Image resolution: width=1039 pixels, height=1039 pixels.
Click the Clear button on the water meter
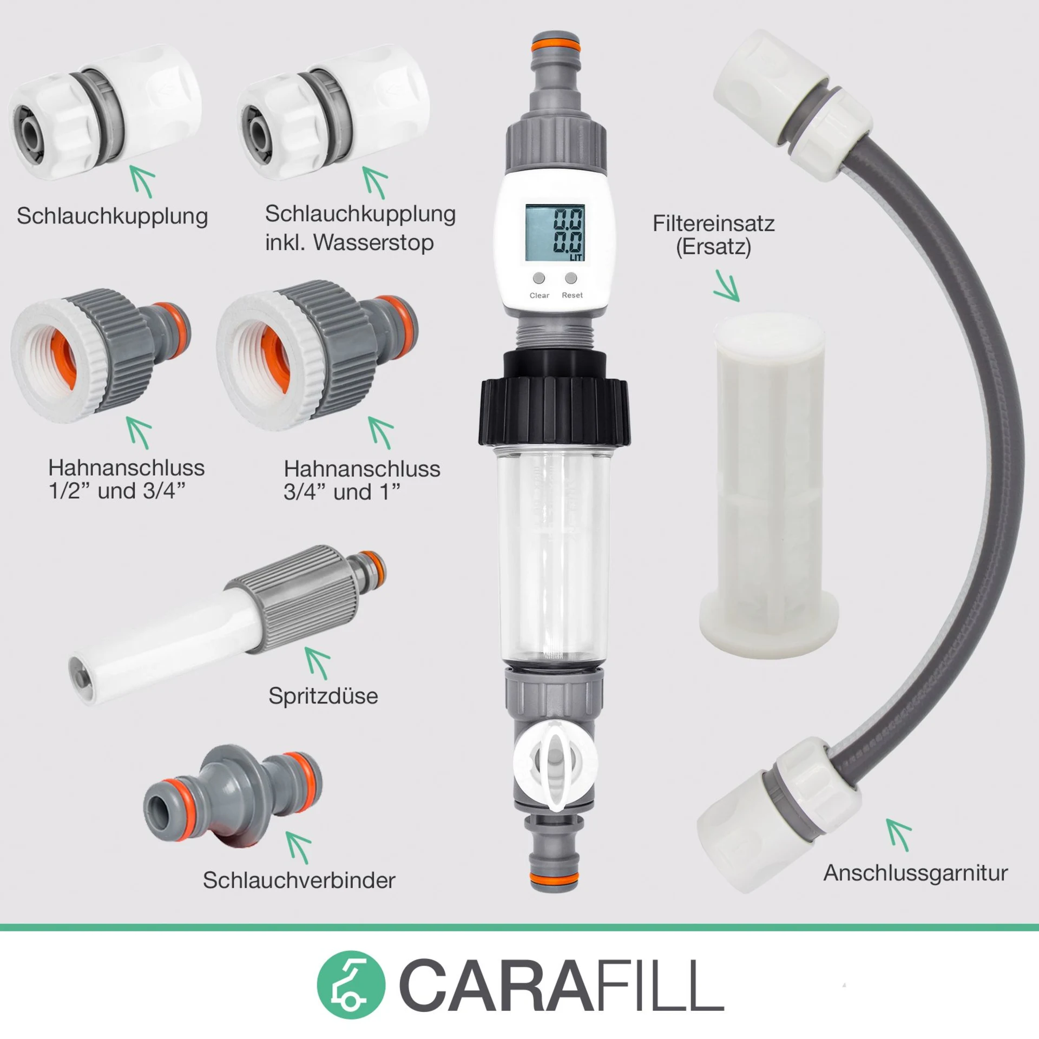tap(539, 278)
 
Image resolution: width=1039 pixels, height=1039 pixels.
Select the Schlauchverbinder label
tap(299, 880)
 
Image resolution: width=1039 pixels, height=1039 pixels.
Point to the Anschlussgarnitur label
tap(915, 873)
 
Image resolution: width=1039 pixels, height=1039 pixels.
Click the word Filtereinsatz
tap(713, 223)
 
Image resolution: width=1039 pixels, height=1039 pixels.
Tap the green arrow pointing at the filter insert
tap(726, 286)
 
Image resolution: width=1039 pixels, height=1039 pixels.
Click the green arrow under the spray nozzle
tap(318, 662)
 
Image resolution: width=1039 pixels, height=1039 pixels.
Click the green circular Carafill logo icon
tap(351, 985)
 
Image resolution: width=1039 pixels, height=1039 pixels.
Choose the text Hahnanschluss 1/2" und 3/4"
tap(126, 479)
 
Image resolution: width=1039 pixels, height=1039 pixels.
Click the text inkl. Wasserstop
tap(349, 242)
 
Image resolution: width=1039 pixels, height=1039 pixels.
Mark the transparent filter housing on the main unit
tap(555, 557)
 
